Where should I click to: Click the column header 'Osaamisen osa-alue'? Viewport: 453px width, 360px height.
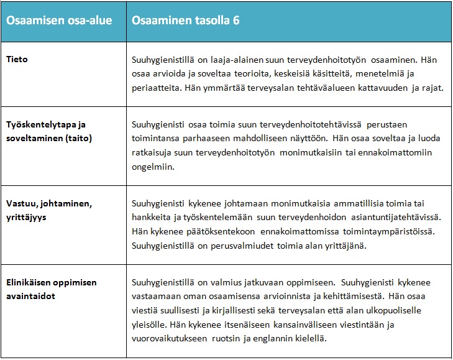59,21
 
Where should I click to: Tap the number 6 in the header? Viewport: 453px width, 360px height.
237,21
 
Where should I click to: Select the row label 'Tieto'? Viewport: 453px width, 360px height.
17,60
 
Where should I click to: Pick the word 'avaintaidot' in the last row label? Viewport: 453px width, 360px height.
30,296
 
